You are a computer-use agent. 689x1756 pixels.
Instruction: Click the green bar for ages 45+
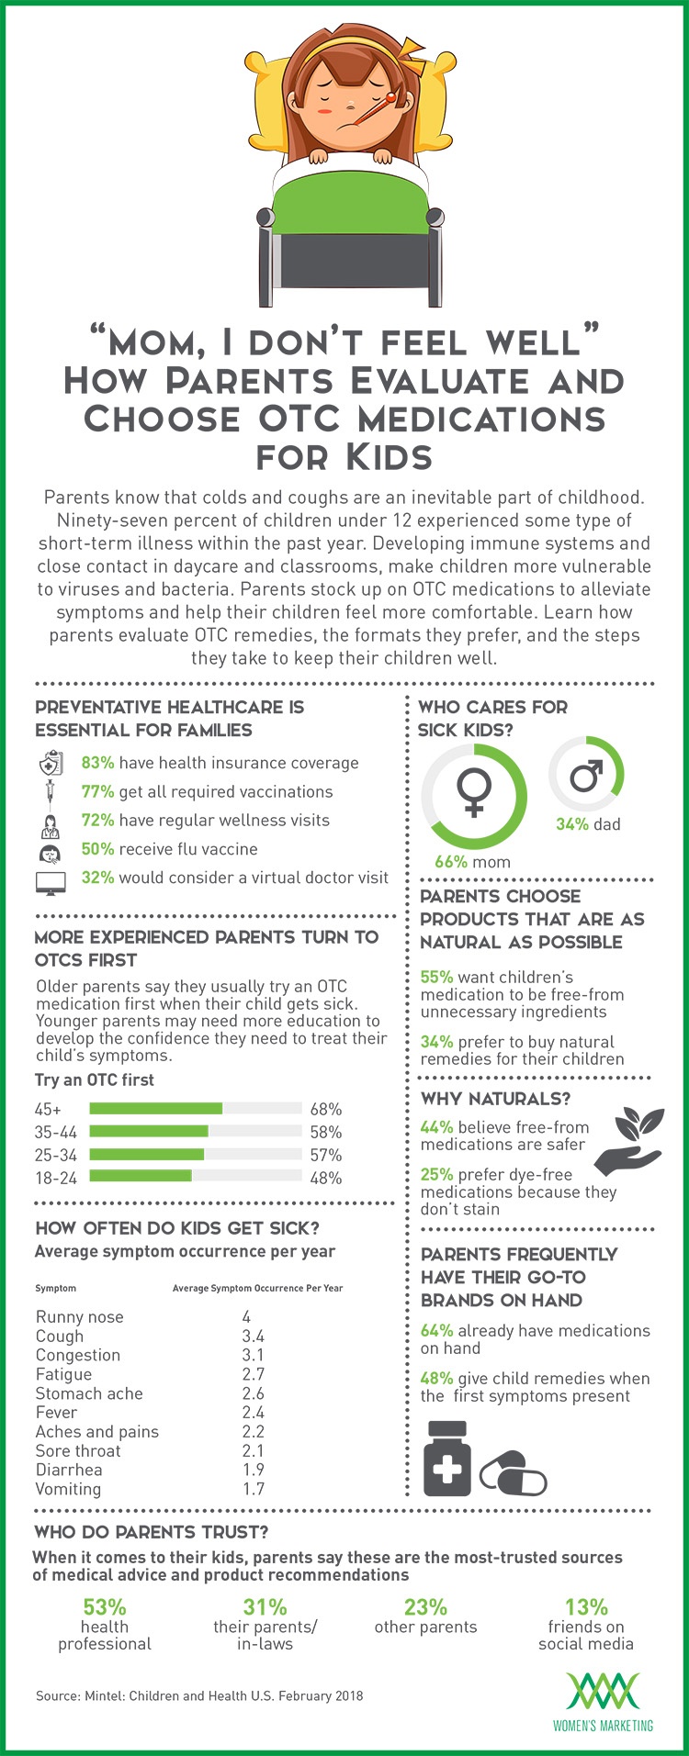(156, 1109)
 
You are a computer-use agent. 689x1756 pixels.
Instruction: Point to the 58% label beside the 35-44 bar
(326, 1132)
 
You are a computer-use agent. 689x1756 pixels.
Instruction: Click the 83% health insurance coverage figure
(97, 763)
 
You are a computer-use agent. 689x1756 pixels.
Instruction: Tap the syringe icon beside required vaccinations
(50, 792)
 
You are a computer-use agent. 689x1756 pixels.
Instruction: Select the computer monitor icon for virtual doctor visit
(51, 882)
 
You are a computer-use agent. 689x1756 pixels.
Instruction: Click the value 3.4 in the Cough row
(254, 1337)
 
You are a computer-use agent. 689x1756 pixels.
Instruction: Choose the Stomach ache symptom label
(89, 1393)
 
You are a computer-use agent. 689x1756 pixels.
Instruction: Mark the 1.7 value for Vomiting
(254, 1489)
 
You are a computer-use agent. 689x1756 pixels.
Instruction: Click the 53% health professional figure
(105, 1606)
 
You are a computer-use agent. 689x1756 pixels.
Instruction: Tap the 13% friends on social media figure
(586, 1606)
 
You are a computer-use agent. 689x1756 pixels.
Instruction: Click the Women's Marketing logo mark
(603, 1691)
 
